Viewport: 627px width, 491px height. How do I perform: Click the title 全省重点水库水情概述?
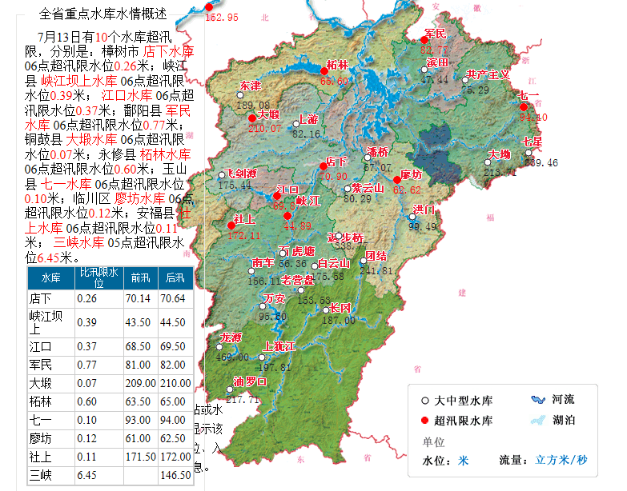coord(103,14)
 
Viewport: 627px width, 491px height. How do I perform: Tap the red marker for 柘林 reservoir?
coord(324,70)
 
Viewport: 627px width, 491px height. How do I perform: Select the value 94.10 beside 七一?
coord(533,117)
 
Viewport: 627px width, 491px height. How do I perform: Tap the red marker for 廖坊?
coord(397,180)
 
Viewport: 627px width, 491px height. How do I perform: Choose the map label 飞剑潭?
coord(240,174)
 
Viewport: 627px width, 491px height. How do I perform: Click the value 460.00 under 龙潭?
coord(233,357)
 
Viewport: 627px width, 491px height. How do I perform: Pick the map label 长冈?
coord(340,308)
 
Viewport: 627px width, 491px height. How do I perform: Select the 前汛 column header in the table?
coord(141,278)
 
